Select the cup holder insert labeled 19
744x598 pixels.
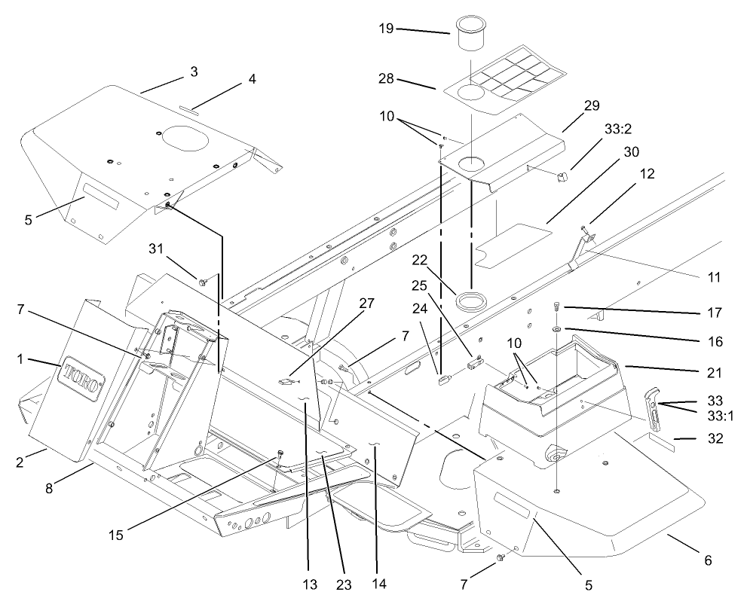(470, 38)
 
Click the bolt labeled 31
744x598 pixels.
(204, 282)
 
